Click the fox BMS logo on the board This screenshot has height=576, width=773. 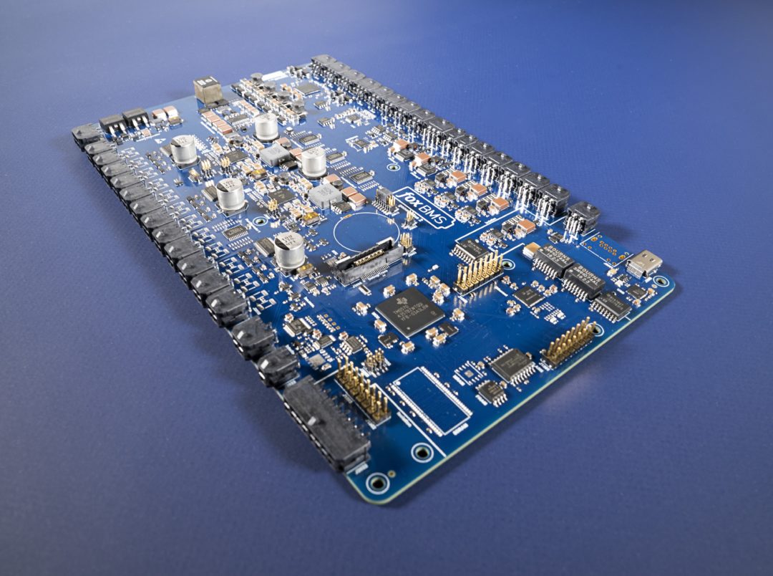(427, 208)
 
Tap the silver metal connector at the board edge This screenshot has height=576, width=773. (643, 264)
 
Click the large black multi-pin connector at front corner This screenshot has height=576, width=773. (326, 423)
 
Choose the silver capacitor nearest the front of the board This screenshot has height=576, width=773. (290, 250)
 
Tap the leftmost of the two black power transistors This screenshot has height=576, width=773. (112, 123)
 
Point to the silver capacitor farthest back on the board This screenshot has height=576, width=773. (266, 126)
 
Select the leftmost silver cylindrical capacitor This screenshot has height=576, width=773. (183, 149)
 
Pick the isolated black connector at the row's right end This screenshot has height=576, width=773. (583, 215)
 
